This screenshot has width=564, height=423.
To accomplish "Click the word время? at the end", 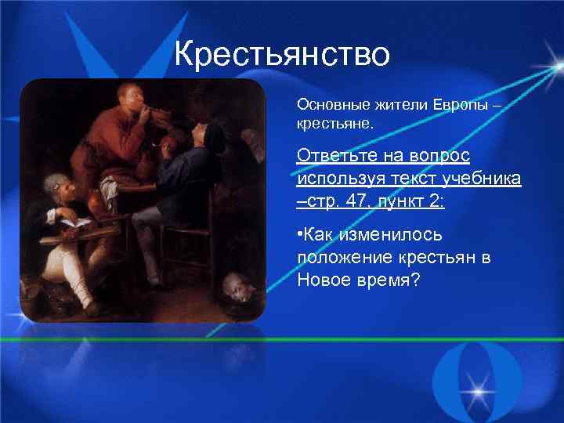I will [x=389, y=280].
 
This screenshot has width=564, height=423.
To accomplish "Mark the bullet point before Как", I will [x=300, y=234].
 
